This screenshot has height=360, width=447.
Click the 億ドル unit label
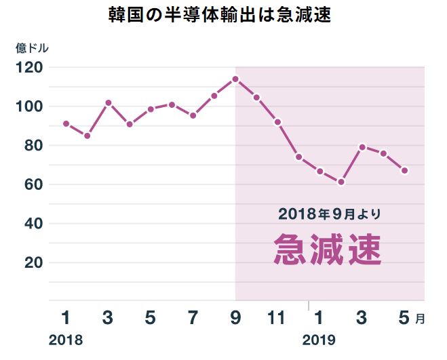pyautogui.click(x=32, y=48)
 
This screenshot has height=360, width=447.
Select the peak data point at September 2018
pyautogui.click(x=235, y=79)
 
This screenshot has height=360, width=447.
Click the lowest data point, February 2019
pyautogui.click(x=341, y=182)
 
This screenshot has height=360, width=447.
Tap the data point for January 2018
pyautogui.click(x=66, y=123)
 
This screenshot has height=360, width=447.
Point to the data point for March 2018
pyautogui.click(x=108, y=102)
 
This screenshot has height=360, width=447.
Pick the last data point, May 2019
pyautogui.click(x=405, y=171)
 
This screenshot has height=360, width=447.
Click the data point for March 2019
pyautogui.click(x=362, y=146)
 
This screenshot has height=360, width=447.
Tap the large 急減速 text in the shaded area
pyautogui.click(x=328, y=249)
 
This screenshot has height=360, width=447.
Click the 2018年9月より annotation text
pyautogui.click(x=330, y=214)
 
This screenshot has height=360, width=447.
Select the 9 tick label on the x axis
pyautogui.click(x=235, y=317)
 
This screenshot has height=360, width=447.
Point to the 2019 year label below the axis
pyautogui.click(x=319, y=340)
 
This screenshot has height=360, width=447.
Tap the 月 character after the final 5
pyautogui.click(x=421, y=319)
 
